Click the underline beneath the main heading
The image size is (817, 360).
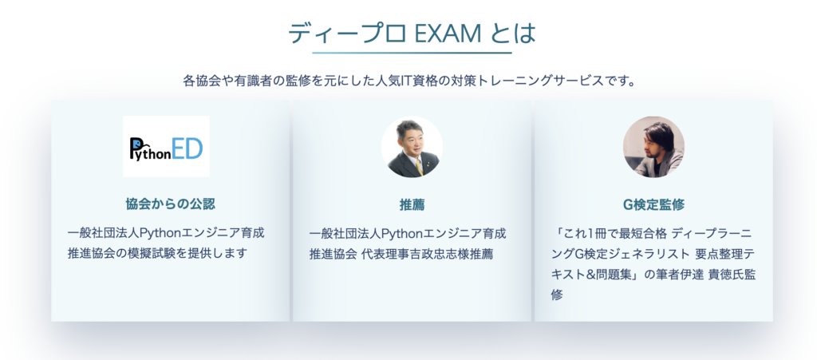point(412,53)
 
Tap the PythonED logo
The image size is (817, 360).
point(166,146)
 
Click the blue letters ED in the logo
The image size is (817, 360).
point(187,148)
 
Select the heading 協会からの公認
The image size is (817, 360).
point(171,204)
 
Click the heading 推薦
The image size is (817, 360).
point(412,205)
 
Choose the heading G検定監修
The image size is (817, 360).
point(654,205)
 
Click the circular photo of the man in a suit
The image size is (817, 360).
point(412,146)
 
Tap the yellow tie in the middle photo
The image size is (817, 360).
point(419,168)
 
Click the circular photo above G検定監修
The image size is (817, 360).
point(654,146)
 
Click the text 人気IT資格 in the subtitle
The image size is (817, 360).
point(405,81)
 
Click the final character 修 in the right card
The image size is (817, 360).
point(557,295)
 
